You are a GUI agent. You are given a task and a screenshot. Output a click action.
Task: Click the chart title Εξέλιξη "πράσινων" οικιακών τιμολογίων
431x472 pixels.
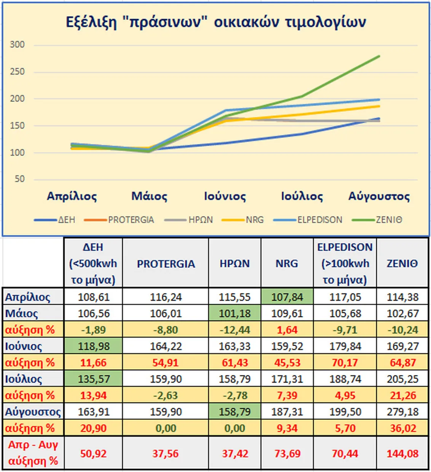click(x=216, y=22)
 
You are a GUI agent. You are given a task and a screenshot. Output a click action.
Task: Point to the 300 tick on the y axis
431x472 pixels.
click(x=17, y=45)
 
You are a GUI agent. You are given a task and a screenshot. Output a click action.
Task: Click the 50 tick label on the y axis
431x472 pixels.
click(x=19, y=179)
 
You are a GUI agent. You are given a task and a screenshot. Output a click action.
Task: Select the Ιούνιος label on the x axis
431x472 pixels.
click(x=225, y=196)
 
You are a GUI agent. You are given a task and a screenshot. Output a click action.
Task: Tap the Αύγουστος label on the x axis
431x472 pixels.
click(x=379, y=196)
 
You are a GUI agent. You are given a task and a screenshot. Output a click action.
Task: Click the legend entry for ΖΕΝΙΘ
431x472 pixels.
click(x=388, y=220)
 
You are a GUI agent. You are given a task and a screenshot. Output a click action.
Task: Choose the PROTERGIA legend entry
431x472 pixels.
click(x=131, y=220)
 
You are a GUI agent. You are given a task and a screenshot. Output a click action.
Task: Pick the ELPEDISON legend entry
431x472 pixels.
click(x=319, y=220)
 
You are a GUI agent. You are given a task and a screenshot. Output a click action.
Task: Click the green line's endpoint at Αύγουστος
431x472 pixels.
click(x=379, y=56)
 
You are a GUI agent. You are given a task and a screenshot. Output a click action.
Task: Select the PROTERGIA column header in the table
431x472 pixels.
click(x=166, y=263)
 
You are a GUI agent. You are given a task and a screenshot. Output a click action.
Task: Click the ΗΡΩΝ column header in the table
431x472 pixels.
click(x=235, y=263)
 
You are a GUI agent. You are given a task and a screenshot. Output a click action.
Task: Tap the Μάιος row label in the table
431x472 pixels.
click(x=22, y=314)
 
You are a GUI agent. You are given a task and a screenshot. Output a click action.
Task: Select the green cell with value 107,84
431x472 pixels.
click(x=287, y=297)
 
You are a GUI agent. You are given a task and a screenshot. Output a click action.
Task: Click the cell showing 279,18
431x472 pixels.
click(x=402, y=412)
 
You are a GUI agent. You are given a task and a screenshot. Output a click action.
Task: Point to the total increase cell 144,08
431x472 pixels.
click(x=402, y=453)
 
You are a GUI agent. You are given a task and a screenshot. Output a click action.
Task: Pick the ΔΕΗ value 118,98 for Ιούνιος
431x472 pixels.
click(x=93, y=346)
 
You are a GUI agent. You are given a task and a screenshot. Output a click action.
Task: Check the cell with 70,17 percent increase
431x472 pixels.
click(x=345, y=362)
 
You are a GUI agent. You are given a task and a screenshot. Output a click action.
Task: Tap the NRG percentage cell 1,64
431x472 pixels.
click(x=287, y=330)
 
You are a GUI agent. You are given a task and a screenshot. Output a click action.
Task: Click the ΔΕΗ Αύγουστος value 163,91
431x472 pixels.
click(x=93, y=412)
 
